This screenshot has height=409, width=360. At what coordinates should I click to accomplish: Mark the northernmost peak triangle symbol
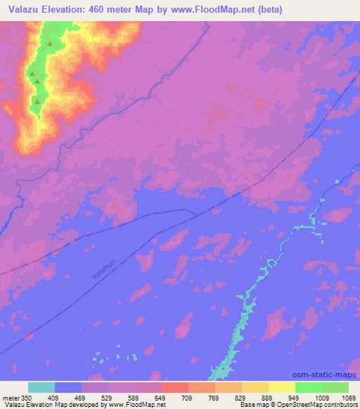[x=50, y=44]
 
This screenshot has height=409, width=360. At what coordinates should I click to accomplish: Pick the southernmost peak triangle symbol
[x=37, y=100]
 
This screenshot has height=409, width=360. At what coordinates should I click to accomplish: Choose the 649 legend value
[x=161, y=398]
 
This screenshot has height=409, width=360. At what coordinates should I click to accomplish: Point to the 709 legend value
[x=188, y=398]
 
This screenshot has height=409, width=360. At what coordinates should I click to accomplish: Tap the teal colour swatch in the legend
[x=41, y=388]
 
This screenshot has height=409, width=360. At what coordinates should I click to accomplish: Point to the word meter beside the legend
[x=11, y=398]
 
